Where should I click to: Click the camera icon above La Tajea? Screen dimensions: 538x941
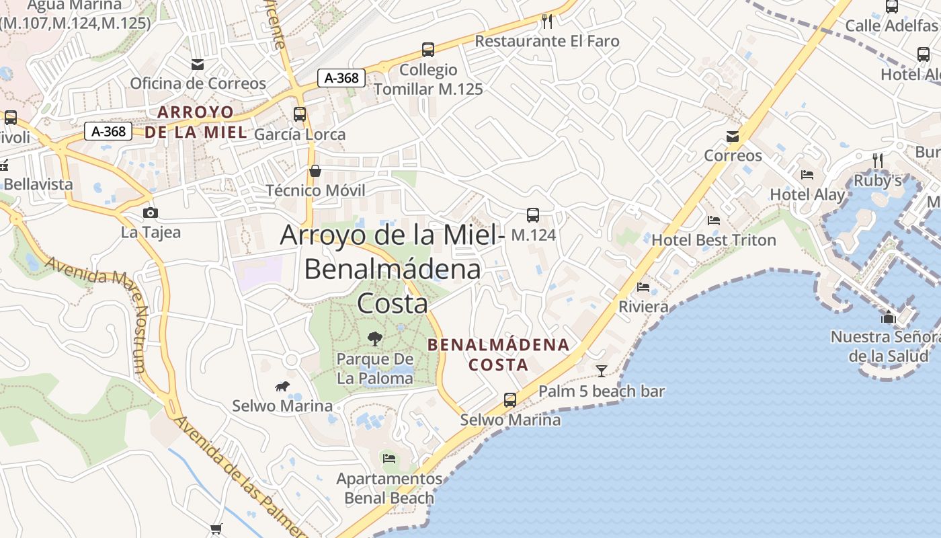(151, 213)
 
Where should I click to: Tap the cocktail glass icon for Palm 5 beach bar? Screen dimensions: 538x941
(602, 371)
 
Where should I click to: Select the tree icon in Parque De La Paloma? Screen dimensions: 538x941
(375, 339)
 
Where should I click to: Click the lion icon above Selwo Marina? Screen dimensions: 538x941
(282, 386)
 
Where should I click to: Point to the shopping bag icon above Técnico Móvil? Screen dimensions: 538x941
(315, 171)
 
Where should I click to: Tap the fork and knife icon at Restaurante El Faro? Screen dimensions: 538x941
(547, 22)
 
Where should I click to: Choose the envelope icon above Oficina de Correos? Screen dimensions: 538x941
(198, 65)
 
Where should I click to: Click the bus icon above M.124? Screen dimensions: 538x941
(533, 215)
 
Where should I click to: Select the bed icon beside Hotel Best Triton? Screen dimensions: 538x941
(714, 221)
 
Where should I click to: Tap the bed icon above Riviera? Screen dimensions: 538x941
(643, 287)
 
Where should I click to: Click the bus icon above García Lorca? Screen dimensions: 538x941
(300, 114)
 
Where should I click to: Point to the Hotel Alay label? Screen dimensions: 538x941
(807, 195)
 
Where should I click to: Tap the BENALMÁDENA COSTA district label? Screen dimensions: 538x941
(499, 355)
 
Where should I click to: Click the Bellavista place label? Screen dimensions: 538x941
(38, 184)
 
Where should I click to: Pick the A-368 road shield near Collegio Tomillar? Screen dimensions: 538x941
(341, 78)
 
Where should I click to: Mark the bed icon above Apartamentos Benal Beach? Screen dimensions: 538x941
(389, 459)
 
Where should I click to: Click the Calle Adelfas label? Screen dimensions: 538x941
(891, 26)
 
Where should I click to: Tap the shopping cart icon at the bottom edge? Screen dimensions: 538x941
(216, 529)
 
